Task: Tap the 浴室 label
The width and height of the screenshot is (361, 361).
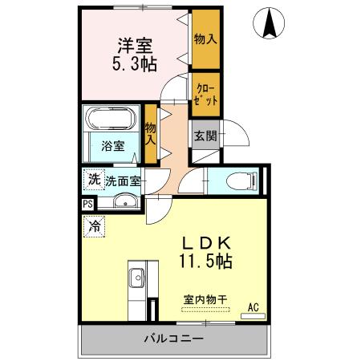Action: click(x=113, y=146)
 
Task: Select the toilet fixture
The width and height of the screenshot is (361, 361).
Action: click(x=241, y=180)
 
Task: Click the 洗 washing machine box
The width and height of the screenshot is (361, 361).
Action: click(x=93, y=180)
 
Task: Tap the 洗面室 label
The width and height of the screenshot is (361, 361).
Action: click(x=124, y=181)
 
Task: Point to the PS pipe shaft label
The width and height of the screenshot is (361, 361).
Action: click(x=87, y=204)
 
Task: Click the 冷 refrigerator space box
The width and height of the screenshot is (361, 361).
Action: click(x=95, y=227)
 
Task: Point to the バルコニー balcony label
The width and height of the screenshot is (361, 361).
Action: click(x=173, y=339)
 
